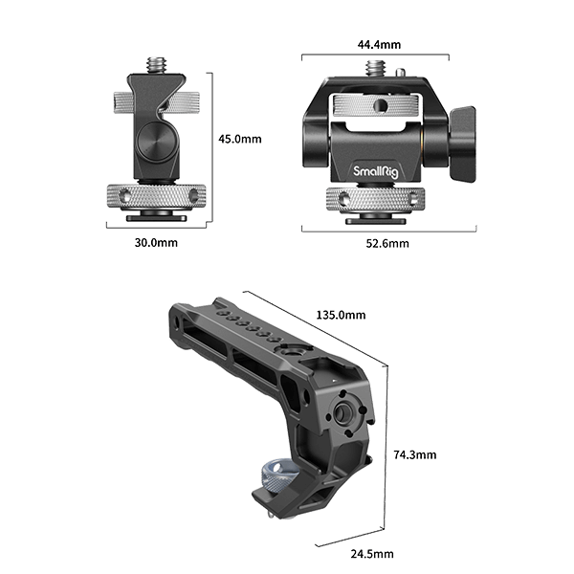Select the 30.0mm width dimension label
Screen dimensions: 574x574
click(x=156, y=243)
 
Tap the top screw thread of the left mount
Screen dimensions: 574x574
click(x=156, y=66)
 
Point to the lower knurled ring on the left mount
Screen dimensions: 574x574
click(x=155, y=196)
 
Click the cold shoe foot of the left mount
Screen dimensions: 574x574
click(x=155, y=219)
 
